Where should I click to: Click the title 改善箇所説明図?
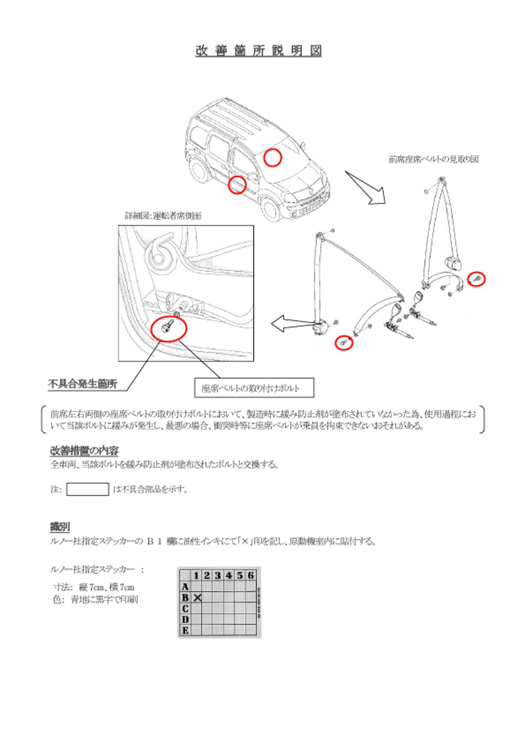pos(258,51)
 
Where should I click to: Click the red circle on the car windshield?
pos(272,158)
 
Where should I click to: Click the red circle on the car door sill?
pos(237,185)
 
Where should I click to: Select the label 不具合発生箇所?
pos(83,384)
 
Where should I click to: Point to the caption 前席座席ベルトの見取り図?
pos(433,159)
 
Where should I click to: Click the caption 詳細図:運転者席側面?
pos(163,216)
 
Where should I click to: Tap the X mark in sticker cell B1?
pos(197,598)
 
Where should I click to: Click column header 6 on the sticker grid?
pos(250,576)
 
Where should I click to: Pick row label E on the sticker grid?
pos(185,630)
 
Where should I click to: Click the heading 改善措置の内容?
pos(84,450)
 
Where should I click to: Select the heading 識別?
pos(60,527)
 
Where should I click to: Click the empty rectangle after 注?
pos(87,489)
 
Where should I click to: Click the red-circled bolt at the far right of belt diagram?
pos(476,279)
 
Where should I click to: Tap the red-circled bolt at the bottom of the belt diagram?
pos(343,343)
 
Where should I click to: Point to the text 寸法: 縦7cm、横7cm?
pos(94,587)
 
